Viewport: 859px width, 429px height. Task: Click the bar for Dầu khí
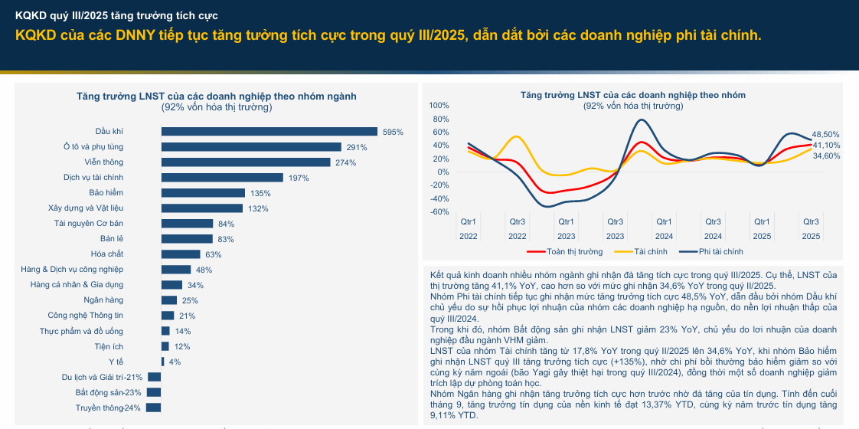[269, 132]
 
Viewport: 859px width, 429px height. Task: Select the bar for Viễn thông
[246, 162]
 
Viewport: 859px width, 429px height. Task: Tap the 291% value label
[357, 147]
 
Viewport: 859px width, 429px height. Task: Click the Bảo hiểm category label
[106, 193]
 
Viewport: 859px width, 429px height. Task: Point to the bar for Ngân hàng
[169, 300]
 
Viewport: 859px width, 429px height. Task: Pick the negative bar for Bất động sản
[154, 392]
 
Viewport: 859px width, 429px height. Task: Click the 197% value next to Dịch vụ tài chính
[298, 178]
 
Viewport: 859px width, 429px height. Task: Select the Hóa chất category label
[107, 254]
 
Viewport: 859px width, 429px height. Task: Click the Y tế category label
[116, 362]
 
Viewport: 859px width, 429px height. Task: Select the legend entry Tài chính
[651, 251]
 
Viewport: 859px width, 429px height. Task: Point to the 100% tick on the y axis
[439, 106]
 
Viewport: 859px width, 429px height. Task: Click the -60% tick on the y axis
[439, 212]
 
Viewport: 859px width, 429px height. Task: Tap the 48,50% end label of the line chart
[826, 134]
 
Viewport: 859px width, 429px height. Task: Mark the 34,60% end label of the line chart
[826, 156]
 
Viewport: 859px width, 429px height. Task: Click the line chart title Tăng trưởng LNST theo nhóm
[632, 95]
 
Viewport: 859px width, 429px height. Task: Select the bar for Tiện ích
[165, 346]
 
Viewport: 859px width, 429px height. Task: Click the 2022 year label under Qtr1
[469, 237]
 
